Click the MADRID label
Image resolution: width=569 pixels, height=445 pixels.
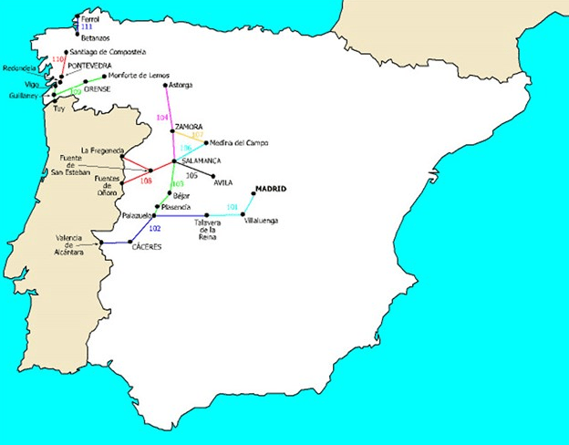[x=270, y=188]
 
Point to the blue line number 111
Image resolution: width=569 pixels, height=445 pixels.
[x=88, y=27]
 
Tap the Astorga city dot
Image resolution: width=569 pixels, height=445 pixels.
[x=164, y=85]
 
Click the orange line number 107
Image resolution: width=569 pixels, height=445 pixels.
[x=197, y=135]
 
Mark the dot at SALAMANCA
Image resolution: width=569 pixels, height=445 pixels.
[x=175, y=161]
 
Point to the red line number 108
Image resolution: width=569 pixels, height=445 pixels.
[x=146, y=181]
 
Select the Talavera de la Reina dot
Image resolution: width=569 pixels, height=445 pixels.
[x=208, y=216]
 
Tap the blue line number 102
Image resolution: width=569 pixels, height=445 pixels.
[x=154, y=227]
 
